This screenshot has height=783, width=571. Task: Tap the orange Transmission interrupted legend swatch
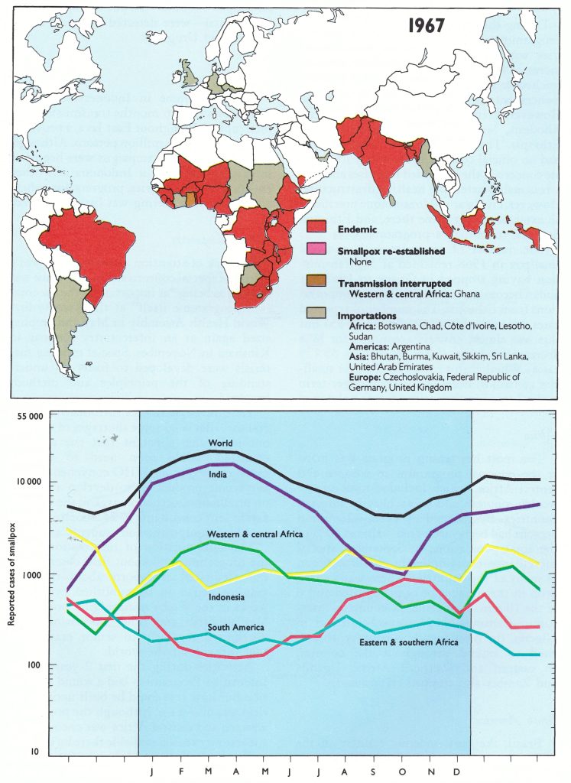click(x=316, y=284)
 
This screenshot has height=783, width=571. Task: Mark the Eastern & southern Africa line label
click(x=409, y=642)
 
